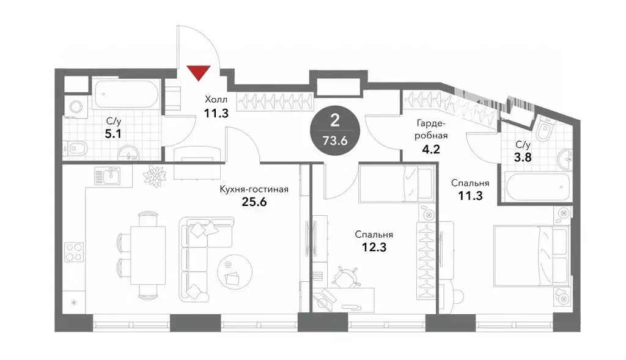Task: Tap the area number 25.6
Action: [254, 202]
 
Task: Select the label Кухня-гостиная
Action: [254, 189]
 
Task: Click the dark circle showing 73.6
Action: [335, 130]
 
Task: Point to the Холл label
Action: [215, 100]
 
